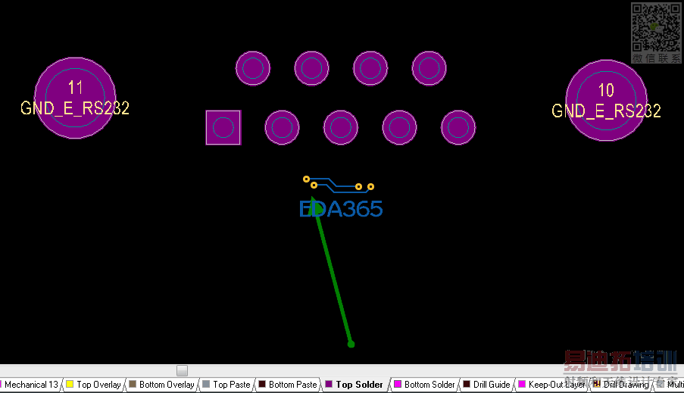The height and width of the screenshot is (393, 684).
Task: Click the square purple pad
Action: (223, 127)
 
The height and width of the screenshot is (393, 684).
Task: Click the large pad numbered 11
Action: (75, 98)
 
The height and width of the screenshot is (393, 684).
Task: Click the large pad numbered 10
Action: (606, 100)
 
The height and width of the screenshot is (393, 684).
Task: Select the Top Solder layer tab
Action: (359, 385)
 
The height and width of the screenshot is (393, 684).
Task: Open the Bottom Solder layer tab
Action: (429, 385)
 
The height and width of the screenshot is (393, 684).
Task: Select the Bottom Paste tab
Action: (292, 385)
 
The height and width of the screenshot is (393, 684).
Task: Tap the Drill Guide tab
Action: (492, 385)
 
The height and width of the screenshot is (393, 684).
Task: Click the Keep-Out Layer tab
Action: (556, 385)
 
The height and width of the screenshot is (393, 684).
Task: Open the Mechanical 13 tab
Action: (31, 385)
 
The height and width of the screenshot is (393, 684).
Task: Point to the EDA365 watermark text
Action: (341, 209)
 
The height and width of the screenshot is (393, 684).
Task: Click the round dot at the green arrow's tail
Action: (351, 345)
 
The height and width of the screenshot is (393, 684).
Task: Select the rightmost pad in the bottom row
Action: (458, 128)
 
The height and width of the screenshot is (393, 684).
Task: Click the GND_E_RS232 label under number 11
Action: (75, 108)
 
